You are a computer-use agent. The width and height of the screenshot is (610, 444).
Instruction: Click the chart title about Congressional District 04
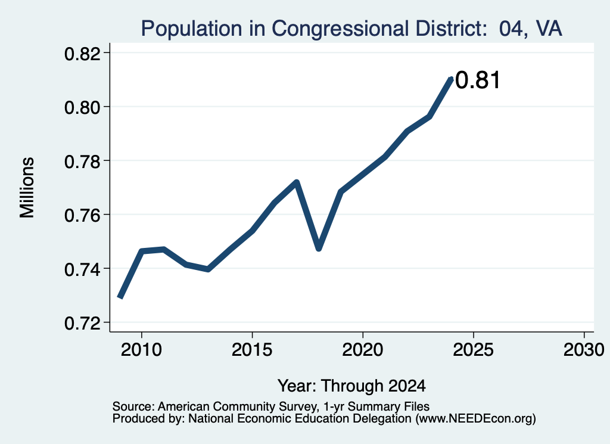351,29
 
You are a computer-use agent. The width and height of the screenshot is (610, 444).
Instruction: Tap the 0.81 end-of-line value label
477,80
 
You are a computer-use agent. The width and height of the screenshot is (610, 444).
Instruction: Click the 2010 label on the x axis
141,349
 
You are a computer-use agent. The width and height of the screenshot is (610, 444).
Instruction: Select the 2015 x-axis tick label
252,349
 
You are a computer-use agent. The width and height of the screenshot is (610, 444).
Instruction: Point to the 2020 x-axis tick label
363,349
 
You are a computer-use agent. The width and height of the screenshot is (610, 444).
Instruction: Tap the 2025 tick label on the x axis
473,349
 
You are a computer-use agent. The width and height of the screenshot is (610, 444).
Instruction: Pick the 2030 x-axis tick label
584,349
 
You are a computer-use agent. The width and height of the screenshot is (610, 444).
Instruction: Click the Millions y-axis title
27,188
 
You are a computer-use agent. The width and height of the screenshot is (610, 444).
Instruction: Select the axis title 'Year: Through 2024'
351,386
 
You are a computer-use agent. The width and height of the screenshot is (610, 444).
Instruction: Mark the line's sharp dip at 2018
319,249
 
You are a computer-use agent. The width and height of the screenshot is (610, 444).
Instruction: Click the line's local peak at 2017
297,182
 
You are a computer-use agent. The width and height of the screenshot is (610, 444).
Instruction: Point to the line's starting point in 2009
120,297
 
